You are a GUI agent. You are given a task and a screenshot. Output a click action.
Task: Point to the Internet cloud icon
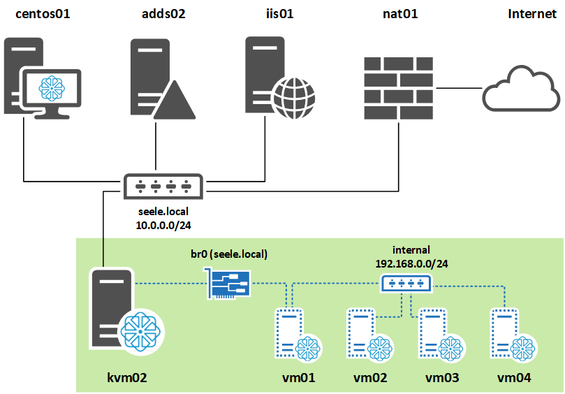pyautogui.click(x=522, y=88)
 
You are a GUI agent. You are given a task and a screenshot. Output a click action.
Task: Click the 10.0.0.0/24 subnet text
pyautogui.click(x=163, y=226)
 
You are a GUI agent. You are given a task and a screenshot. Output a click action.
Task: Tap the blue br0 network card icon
pyautogui.click(x=226, y=284)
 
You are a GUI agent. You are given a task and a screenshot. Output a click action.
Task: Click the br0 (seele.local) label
pyautogui.click(x=228, y=254)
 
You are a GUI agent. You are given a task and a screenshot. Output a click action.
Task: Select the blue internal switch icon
pyautogui.click(x=406, y=283)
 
